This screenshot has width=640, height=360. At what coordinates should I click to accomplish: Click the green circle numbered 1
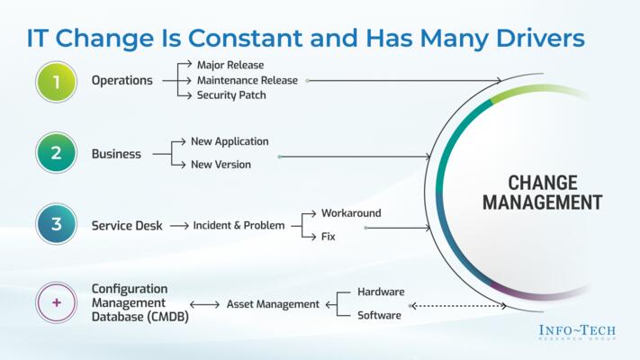[56, 81]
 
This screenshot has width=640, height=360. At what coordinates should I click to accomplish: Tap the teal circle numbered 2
[56, 153]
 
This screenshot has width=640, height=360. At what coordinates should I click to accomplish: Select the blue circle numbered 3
[56, 225]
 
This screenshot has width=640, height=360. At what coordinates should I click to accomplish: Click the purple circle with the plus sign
[56, 303]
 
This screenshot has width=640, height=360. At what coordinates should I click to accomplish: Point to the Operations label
[122, 81]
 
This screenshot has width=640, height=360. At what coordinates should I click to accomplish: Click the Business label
[116, 154]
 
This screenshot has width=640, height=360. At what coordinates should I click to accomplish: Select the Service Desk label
[127, 226]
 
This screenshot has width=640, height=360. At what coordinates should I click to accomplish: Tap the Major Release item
[230, 65]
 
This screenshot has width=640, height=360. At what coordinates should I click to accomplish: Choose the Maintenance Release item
[247, 80]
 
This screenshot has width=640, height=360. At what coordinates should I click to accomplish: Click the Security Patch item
[231, 95]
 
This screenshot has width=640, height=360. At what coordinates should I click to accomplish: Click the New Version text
[221, 165]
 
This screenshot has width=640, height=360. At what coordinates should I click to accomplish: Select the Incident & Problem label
[239, 226]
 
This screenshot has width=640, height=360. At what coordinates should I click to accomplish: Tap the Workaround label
[351, 213]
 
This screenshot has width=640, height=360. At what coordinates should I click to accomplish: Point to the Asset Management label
[272, 304]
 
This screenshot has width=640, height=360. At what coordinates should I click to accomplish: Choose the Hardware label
[381, 292]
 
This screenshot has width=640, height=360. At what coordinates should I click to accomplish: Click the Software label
[379, 315]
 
